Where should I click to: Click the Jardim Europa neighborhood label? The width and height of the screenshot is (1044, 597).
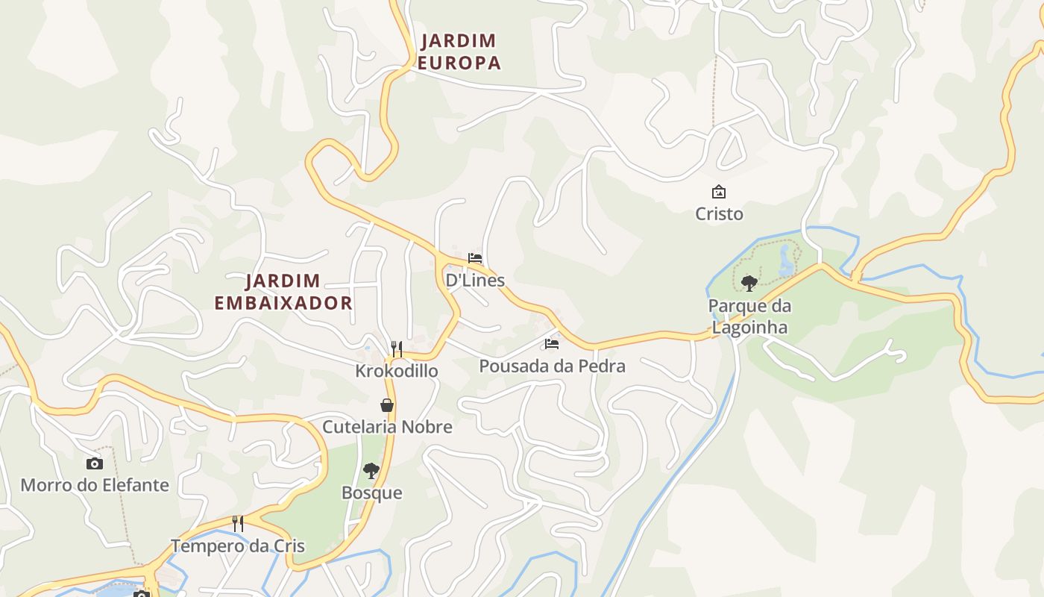click(459, 51)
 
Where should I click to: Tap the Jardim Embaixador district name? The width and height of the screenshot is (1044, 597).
click(283, 292)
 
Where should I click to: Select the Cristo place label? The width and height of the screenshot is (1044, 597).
click(719, 214)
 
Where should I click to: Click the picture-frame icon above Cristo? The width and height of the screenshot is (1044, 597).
click(719, 192)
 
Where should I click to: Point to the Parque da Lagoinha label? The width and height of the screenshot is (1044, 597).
click(749, 316)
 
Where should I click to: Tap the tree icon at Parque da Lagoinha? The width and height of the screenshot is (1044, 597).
click(749, 284)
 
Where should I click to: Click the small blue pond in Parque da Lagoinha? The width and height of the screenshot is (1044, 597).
click(786, 260)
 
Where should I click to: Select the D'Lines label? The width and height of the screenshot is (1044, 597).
click(475, 281)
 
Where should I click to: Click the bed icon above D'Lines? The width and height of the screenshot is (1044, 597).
click(475, 258)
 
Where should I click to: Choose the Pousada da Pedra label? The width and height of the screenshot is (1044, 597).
click(552, 366)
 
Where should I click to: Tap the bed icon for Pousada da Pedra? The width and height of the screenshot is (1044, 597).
click(552, 344)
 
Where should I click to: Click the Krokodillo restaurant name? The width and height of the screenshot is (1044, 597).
click(397, 371)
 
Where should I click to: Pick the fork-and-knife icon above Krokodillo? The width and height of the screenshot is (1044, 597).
click(397, 348)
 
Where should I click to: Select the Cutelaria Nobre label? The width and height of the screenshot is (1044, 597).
click(387, 427)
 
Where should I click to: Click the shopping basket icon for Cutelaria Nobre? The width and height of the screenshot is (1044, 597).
click(387, 405)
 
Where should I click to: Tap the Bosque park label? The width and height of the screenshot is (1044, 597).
click(371, 493)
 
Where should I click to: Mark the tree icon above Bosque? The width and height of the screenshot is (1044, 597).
click(371, 470)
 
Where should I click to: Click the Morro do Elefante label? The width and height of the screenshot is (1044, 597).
click(95, 485)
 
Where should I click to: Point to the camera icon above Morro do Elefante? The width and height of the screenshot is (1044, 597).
click(95, 463)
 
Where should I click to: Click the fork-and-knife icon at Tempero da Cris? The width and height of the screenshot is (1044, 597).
click(238, 524)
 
